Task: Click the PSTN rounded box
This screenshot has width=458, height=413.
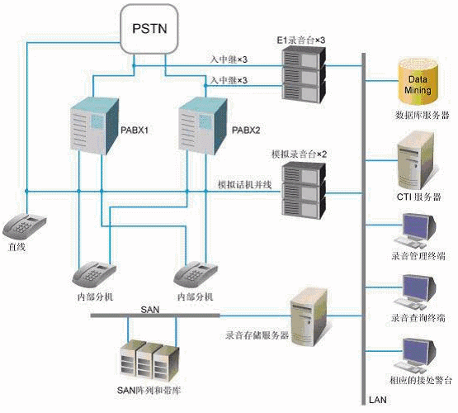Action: [149, 29]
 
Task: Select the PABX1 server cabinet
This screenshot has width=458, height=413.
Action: [94, 126]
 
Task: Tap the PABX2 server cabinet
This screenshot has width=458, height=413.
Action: [203, 126]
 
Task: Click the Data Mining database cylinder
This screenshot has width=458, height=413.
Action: [418, 82]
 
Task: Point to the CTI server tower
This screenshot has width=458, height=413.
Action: [416, 161]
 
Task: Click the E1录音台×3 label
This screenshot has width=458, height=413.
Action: [300, 40]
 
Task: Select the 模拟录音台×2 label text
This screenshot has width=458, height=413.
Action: [299, 154]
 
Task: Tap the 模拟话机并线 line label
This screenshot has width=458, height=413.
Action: [245, 185]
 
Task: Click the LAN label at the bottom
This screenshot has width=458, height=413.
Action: [377, 400]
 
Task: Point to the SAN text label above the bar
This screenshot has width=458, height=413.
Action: [150, 310]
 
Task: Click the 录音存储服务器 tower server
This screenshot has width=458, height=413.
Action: [309, 317]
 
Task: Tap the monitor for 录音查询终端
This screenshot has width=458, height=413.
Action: [415, 293]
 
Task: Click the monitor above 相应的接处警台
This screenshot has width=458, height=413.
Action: [415, 356]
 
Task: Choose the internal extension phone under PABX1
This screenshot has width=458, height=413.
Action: [94, 275]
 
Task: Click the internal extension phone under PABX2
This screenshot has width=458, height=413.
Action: [196, 275]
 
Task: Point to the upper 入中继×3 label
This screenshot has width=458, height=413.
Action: [229, 59]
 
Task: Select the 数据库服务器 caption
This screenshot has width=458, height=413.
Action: [422, 115]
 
